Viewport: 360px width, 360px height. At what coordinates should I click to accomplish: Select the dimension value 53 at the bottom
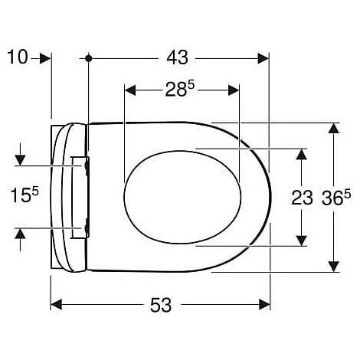pos(160,304)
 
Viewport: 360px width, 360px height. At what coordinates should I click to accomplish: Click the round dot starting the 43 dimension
pos(90,58)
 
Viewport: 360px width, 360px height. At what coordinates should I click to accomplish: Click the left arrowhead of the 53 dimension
pos(56,304)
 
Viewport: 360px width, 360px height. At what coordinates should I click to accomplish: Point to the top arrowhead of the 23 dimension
pos(302,152)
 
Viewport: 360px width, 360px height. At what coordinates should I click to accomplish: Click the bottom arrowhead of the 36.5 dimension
pos(334,267)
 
